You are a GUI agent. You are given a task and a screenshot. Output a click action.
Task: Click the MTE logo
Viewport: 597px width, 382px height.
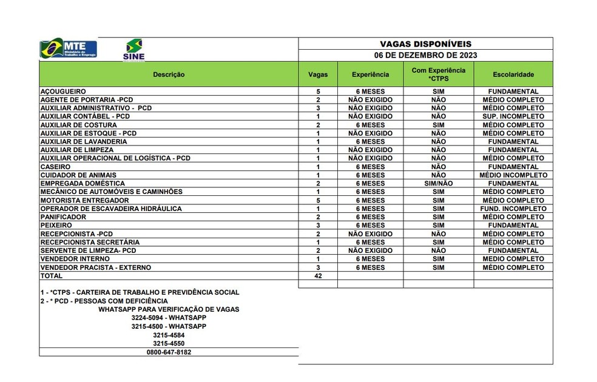(x=68, y=49)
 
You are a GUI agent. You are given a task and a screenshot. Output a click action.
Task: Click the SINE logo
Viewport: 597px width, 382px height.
(x=133, y=49)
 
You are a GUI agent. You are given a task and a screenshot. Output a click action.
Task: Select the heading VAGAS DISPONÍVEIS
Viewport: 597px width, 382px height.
(x=425, y=44)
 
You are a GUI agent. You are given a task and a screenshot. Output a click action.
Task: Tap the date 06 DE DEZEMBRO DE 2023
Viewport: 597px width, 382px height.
(x=425, y=55)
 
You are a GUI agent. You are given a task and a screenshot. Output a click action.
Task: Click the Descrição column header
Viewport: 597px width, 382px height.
(x=169, y=75)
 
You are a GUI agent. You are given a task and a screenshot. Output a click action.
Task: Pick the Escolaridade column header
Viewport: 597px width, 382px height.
(x=513, y=75)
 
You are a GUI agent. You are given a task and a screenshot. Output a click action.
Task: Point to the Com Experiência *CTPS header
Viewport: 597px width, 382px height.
(x=438, y=75)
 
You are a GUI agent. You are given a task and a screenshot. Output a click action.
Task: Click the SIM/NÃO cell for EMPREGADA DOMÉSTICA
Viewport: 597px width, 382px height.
(x=438, y=184)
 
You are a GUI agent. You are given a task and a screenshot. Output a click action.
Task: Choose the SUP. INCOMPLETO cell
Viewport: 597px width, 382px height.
(x=513, y=116)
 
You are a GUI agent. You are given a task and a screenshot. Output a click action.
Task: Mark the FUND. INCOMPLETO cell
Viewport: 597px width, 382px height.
(x=513, y=209)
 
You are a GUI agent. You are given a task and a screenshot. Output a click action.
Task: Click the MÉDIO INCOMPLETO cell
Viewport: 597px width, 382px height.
(x=513, y=175)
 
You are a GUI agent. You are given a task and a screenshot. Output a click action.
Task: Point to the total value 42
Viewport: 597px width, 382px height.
(x=318, y=276)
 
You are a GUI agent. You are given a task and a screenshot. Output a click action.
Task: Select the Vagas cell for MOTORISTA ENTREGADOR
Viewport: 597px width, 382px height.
(x=318, y=200)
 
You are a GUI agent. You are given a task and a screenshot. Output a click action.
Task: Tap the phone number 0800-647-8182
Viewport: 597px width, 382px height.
(x=169, y=352)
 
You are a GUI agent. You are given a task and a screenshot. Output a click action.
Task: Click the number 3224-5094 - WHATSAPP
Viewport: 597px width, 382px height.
(x=169, y=318)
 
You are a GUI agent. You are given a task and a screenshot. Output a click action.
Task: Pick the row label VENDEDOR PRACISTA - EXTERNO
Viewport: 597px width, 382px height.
(x=95, y=267)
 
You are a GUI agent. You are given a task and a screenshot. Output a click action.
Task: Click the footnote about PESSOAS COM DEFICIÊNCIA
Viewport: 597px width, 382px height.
(x=104, y=301)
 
